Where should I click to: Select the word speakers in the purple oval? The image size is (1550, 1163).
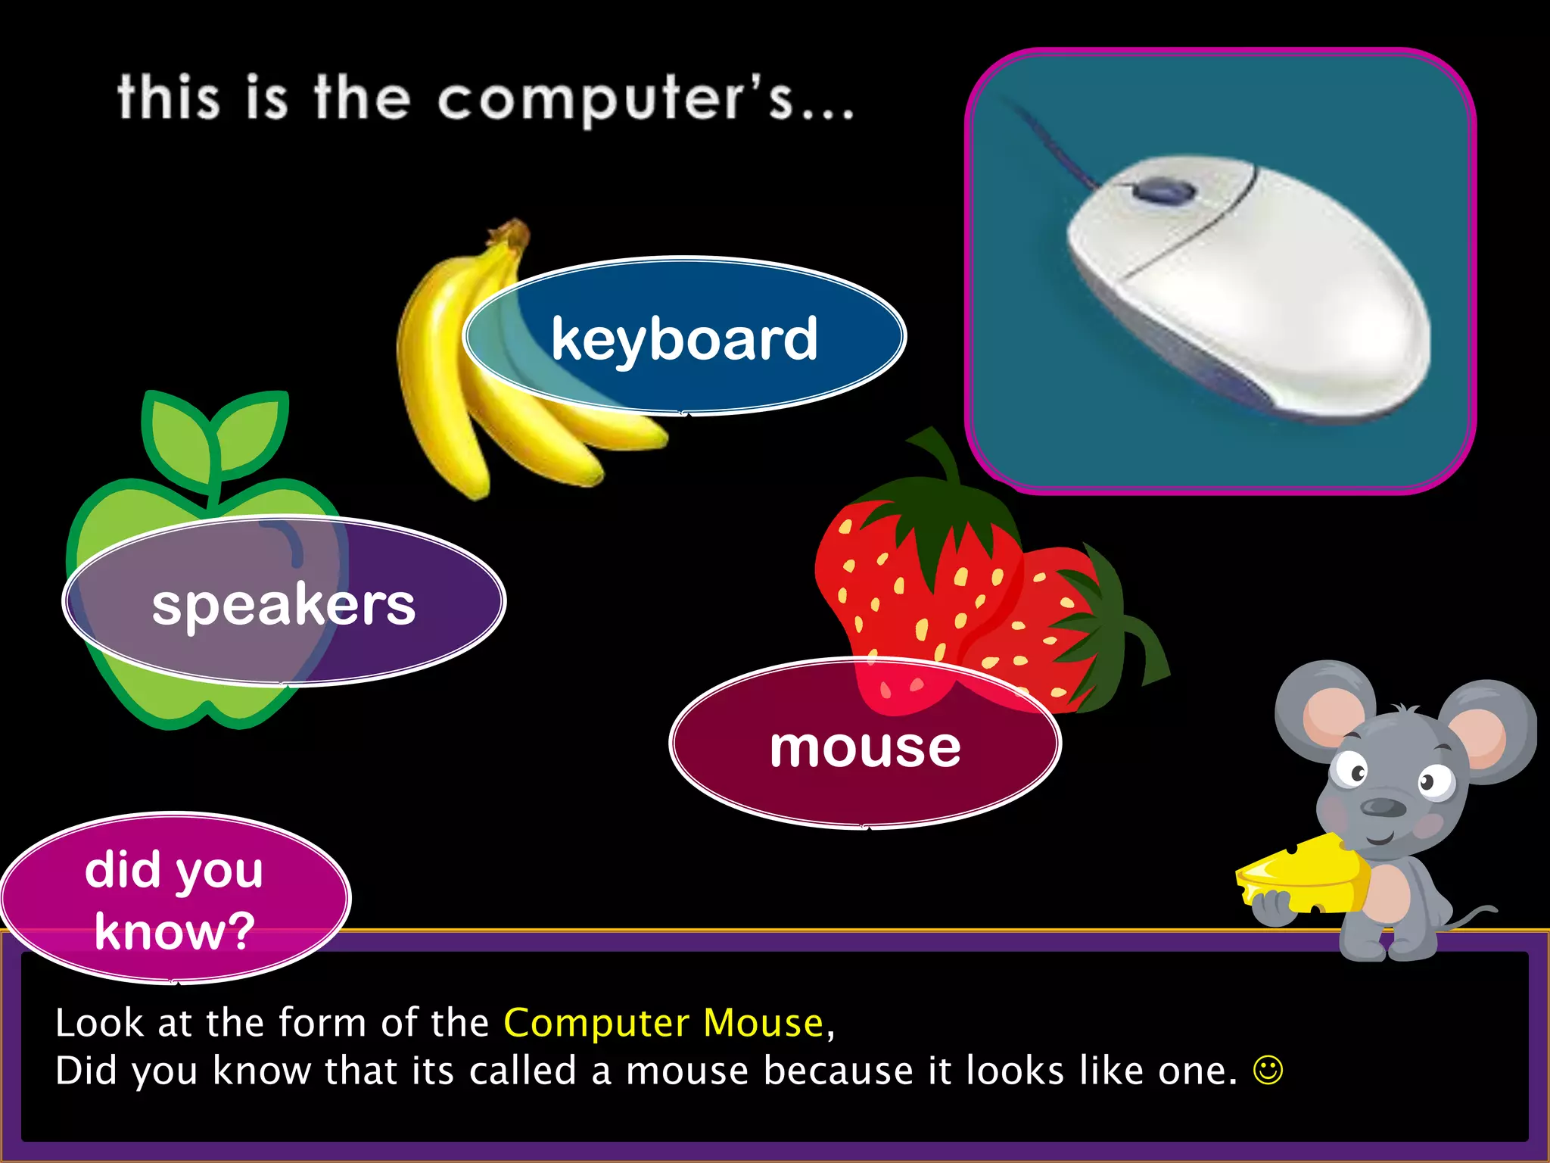click(x=284, y=606)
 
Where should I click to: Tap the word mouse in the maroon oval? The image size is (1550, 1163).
click(x=865, y=748)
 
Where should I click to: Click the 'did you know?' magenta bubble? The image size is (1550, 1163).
click(x=174, y=899)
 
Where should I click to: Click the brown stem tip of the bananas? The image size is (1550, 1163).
click(x=515, y=231)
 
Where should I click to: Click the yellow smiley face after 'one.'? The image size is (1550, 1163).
click(x=1268, y=1071)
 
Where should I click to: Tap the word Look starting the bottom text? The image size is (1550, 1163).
click(x=99, y=1024)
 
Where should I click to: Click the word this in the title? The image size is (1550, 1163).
click(x=169, y=98)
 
